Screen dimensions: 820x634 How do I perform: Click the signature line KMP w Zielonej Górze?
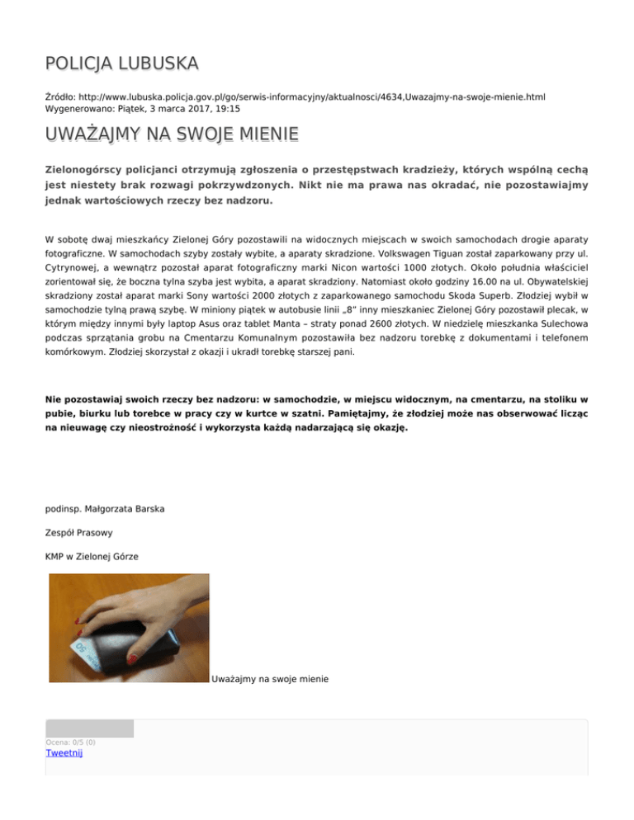coord(92,557)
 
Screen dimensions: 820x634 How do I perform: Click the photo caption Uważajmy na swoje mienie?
coord(271,679)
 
